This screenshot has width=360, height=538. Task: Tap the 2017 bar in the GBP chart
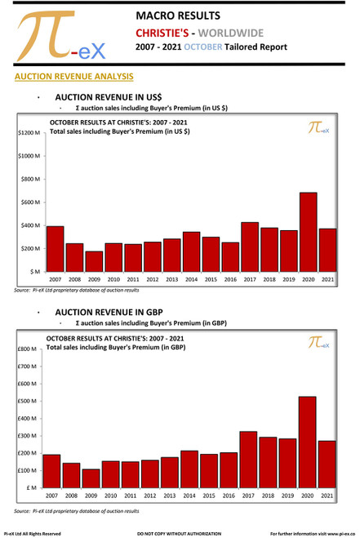coord(249,460)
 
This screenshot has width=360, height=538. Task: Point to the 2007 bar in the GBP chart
coord(51,471)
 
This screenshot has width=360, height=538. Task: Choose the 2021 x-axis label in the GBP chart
coord(327,496)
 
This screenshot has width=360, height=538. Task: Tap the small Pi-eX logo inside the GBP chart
coord(318,345)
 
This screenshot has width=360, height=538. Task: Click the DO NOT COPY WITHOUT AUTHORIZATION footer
coord(180,533)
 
